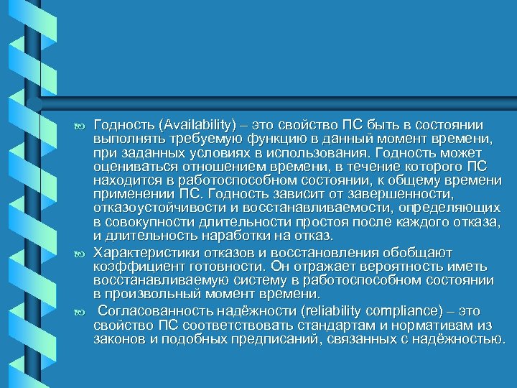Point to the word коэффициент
tap(130, 264)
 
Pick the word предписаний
tap(276, 338)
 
